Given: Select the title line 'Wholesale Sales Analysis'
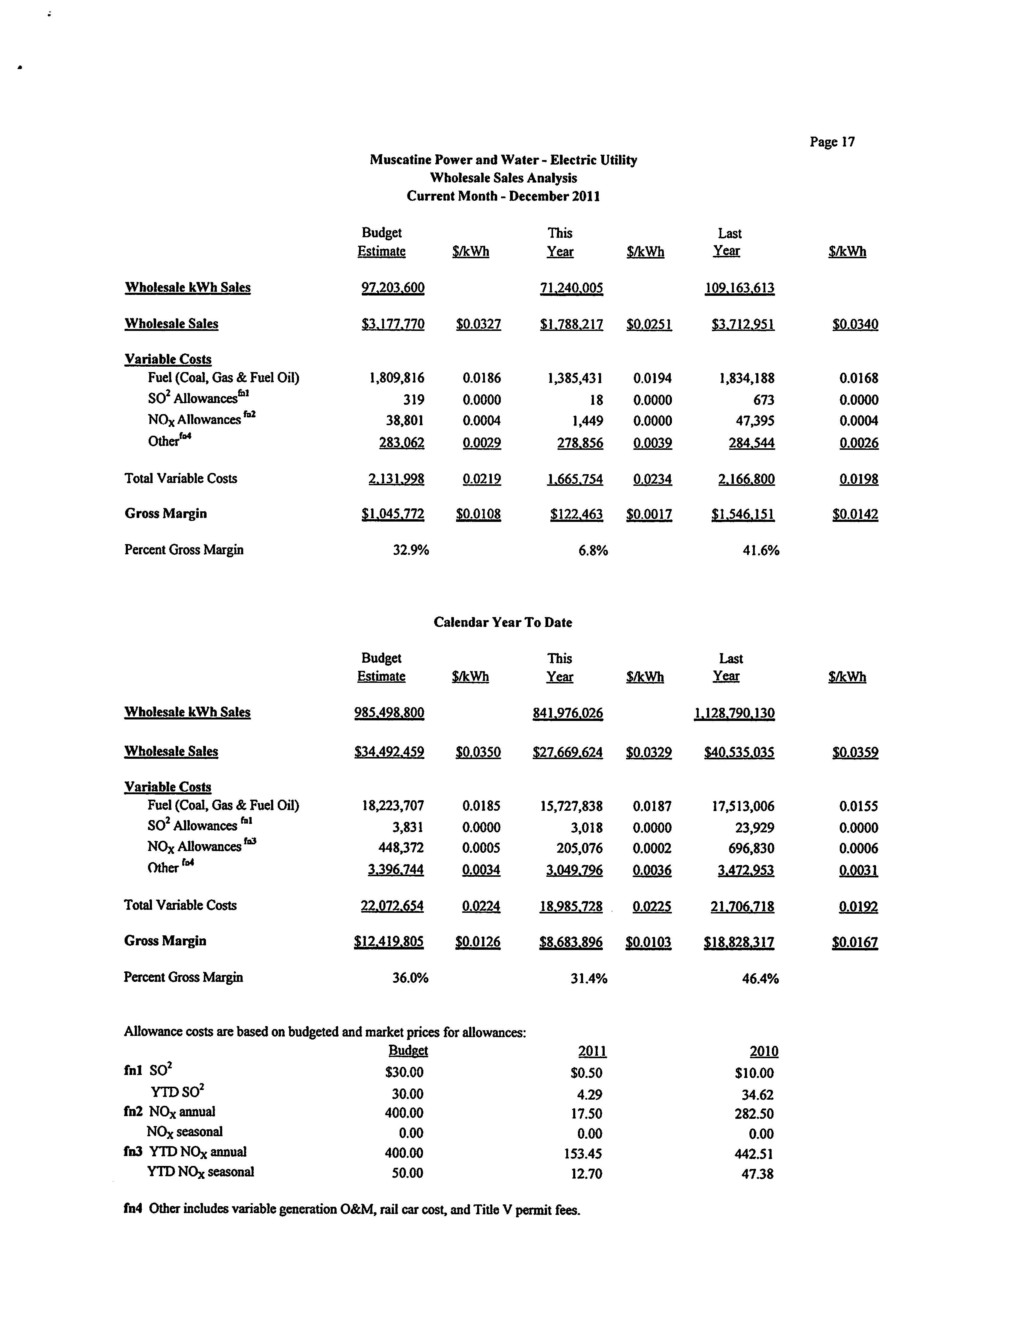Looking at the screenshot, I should point(503,178).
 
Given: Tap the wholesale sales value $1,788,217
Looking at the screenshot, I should point(572,324).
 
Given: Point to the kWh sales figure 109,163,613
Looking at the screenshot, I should point(739,288).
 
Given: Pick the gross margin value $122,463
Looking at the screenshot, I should point(576,514).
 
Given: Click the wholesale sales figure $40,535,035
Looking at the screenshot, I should point(739,752).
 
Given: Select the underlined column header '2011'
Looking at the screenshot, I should point(592,1051).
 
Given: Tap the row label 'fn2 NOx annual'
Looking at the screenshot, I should point(169,1112).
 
